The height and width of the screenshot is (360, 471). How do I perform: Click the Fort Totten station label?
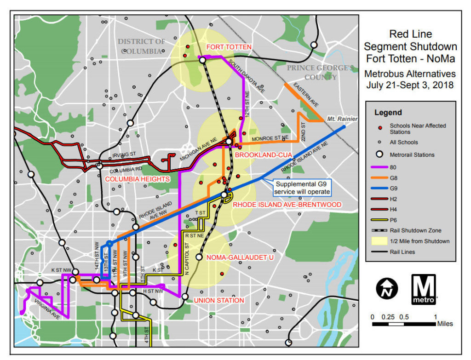pyautogui.click(x=229, y=47)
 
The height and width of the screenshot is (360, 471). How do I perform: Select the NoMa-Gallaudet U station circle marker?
pyautogui.click(x=199, y=257)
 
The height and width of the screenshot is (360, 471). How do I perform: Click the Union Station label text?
pyautogui.click(x=219, y=300)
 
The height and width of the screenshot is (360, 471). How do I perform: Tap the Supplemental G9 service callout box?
pyautogui.click(x=302, y=187)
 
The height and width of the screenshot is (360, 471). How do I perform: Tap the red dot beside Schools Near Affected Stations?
pyautogui.click(x=379, y=126)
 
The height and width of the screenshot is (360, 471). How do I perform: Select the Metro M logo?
pyautogui.click(x=423, y=289)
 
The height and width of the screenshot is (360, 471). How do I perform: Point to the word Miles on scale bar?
pyautogui.click(x=445, y=324)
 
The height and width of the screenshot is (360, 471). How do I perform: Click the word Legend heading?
pyautogui.click(x=388, y=112)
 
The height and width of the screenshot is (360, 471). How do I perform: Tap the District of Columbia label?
pyautogui.click(x=141, y=46)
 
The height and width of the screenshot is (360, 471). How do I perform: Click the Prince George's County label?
pyautogui.click(x=321, y=72)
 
